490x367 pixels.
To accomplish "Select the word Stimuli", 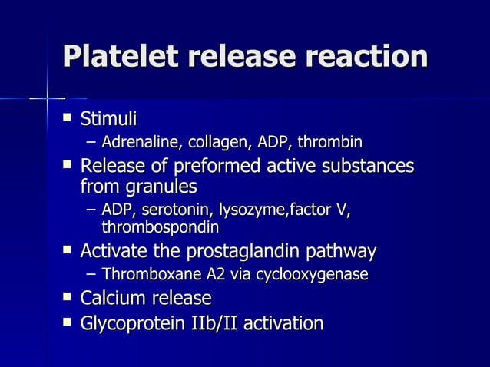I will point(108,119).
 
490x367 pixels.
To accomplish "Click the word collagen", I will point(210,143).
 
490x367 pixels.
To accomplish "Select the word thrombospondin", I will point(160,228).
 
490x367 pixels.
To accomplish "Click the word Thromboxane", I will point(144,274).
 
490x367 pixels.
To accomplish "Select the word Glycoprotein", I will point(136,323).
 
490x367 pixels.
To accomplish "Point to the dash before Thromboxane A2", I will point(91,274).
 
